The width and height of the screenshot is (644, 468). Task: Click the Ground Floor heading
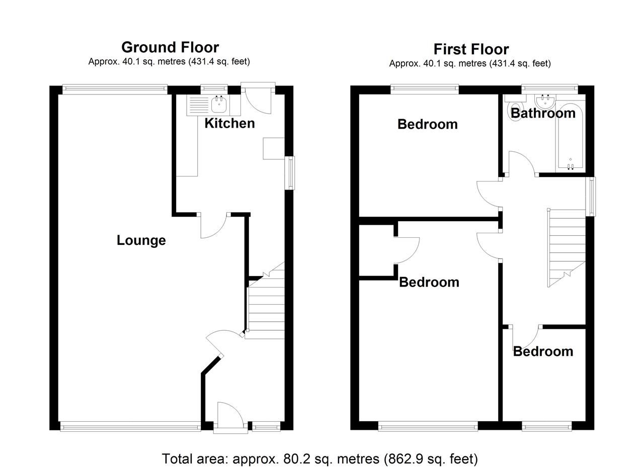coord(170,47)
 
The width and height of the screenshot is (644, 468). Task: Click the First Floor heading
coord(471,49)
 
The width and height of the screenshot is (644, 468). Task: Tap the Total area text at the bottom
coord(319,458)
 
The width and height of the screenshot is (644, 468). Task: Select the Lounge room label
coord(141,240)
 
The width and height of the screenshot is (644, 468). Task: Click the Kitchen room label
coord(229,123)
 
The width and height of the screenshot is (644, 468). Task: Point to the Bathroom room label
coord(543,113)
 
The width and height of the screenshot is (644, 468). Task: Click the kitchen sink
coord(218,105)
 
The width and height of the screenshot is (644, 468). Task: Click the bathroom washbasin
coord(545,102)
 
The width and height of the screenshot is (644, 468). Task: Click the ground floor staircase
coord(266,307)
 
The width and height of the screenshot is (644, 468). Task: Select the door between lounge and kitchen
coord(214,225)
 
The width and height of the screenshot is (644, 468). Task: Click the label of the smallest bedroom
coord(543,351)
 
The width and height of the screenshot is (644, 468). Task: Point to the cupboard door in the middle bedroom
coord(407,250)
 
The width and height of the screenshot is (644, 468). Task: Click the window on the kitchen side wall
coord(290,173)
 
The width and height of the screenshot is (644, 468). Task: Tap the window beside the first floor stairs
coord(592,196)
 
